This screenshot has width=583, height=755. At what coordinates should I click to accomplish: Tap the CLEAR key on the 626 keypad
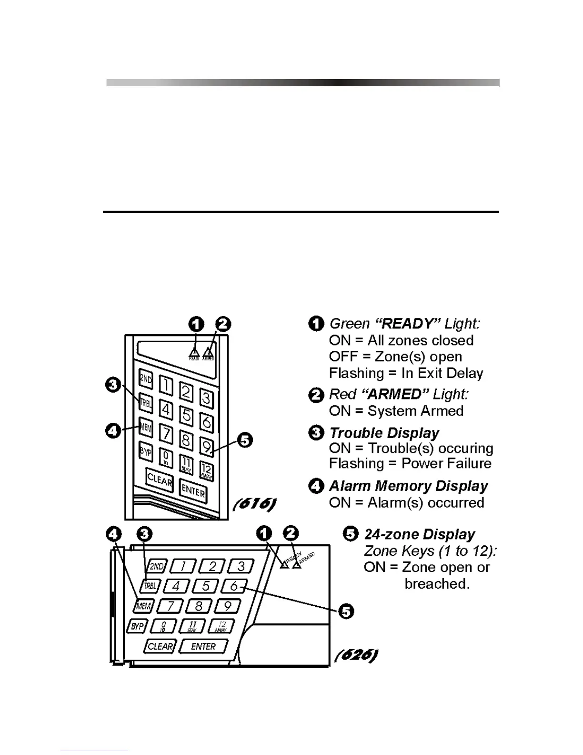point(160,646)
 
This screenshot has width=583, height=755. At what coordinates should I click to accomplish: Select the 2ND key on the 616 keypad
point(146,379)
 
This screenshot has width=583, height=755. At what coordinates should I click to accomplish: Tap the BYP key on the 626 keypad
point(138,626)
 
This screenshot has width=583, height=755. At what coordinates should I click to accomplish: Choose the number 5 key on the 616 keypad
point(187,415)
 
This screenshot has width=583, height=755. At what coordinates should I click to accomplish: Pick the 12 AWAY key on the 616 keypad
point(206,471)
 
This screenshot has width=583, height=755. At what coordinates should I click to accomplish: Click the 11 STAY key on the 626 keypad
point(192,626)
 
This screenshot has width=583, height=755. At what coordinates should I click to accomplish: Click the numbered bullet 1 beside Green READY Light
point(316,324)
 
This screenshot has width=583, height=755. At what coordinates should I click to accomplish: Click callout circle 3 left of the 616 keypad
point(113,384)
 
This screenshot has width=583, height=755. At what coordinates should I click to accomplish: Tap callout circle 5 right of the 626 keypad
point(346,611)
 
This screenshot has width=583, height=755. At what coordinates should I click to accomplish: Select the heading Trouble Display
point(384,433)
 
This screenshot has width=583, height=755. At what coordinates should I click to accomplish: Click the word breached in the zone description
point(437,583)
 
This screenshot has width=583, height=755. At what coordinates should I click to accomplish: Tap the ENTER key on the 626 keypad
point(203,646)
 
